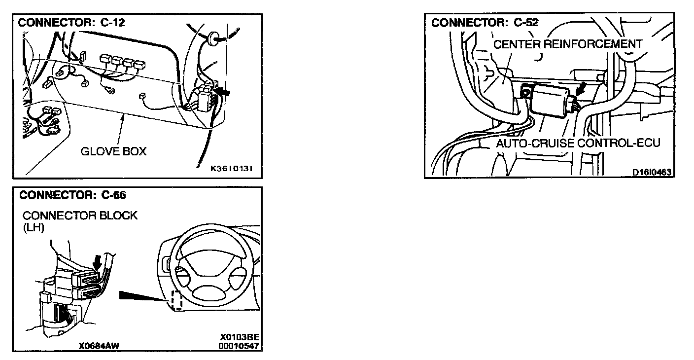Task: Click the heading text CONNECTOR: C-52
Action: pos(485,23)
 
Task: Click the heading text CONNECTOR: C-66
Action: pos(72,195)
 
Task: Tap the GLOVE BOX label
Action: pos(113,151)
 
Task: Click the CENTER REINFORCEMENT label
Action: pos(568,44)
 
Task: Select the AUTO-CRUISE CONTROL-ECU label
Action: pos(577,144)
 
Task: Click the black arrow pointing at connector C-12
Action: pos(223,91)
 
